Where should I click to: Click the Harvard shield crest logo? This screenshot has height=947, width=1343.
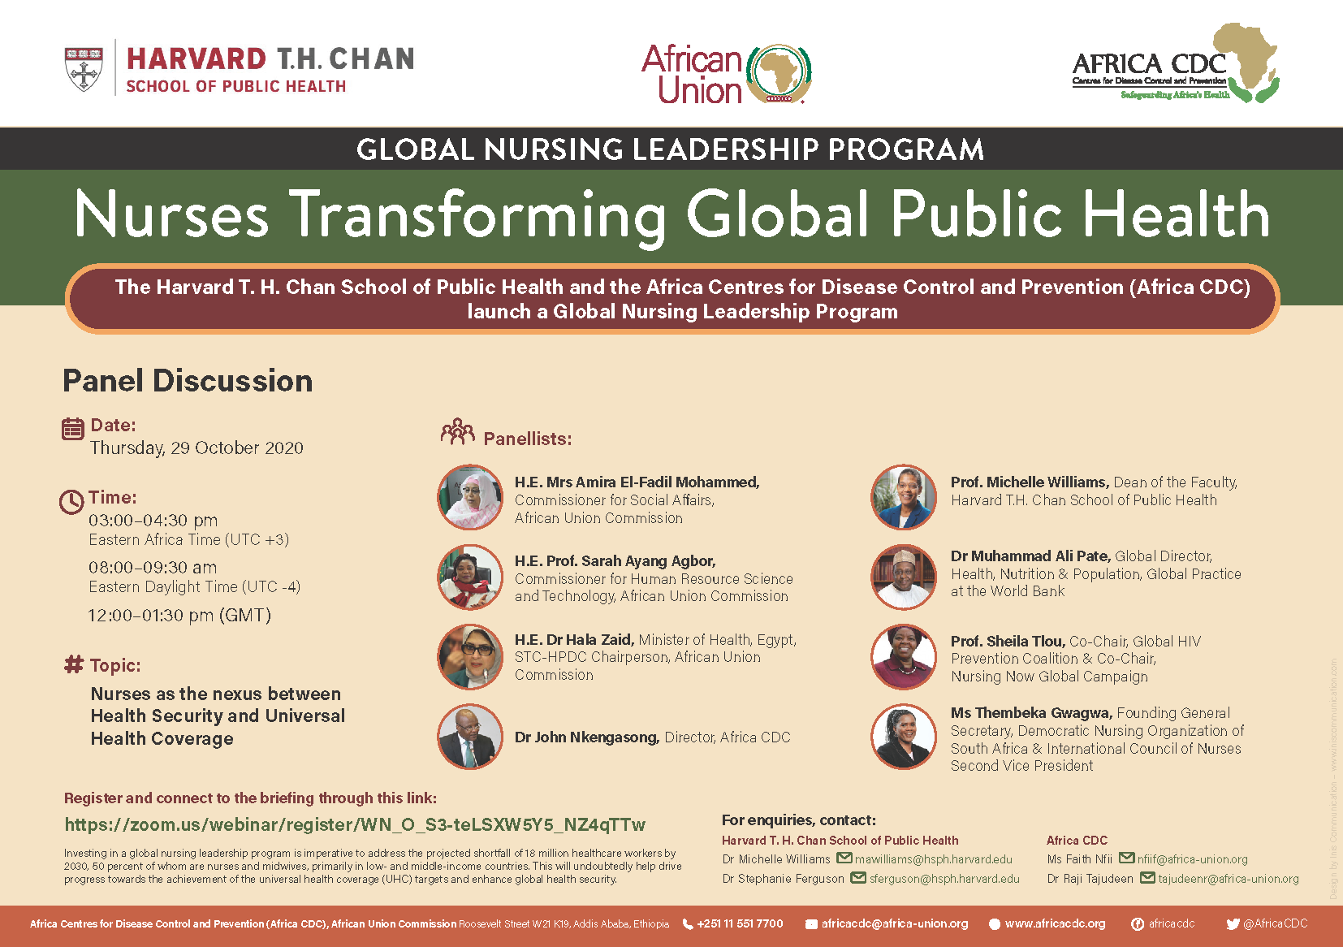click(84, 68)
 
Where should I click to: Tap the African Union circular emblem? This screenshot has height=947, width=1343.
click(779, 73)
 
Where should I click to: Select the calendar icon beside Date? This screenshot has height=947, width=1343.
click(72, 429)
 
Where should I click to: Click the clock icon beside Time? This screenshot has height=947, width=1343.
click(71, 502)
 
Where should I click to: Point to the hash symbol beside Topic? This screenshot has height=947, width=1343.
click(74, 664)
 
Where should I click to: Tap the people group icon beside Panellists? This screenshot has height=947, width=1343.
click(457, 431)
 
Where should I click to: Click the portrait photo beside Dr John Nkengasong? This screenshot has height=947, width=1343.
click(470, 737)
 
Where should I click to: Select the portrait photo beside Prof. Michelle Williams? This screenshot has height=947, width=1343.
click(904, 496)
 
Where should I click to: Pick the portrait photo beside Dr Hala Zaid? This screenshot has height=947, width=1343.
click(470, 657)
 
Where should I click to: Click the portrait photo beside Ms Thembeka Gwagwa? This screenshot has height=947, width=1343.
click(904, 737)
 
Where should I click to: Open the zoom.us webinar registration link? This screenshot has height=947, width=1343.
click(355, 824)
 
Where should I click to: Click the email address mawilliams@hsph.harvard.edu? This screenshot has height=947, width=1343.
click(934, 858)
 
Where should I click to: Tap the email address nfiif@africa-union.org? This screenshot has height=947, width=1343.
click(1193, 858)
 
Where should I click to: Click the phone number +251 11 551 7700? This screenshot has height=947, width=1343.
click(740, 923)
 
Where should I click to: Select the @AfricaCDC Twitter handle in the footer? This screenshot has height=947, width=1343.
click(1276, 923)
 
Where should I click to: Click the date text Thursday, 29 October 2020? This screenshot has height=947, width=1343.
click(196, 448)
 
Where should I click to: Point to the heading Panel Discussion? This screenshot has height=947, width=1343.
click(188, 381)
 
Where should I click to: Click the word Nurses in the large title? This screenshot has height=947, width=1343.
click(172, 214)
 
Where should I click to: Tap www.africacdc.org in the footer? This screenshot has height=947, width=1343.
click(1056, 923)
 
